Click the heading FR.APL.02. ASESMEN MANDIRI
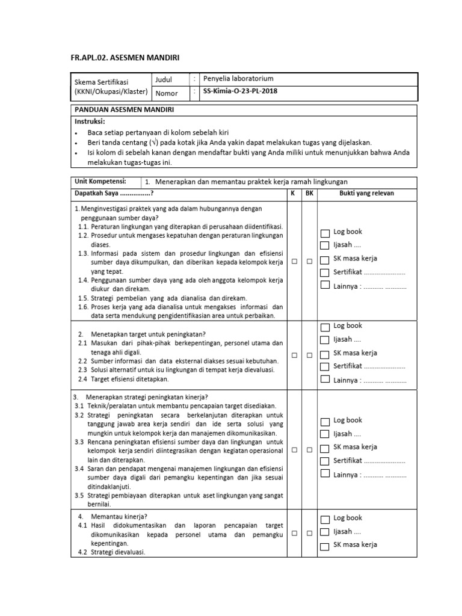[x=126, y=57]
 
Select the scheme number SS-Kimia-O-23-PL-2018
[x=241, y=92]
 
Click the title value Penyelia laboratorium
[x=238, y=79]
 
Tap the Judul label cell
[x=164, y=79]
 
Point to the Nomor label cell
[x=167, y=93]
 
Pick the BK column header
[x=309, y=194]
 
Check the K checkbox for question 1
[x=295, y=262]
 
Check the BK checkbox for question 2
[x=309, y=356]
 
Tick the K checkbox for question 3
[x=295, y=450]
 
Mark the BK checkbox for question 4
[x=309, y=533]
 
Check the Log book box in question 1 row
[x=325, y=233]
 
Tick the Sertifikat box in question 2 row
[x=325, y=366]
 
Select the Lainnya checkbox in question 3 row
[x=325, y=474]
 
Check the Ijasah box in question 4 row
[x=325, y=532]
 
